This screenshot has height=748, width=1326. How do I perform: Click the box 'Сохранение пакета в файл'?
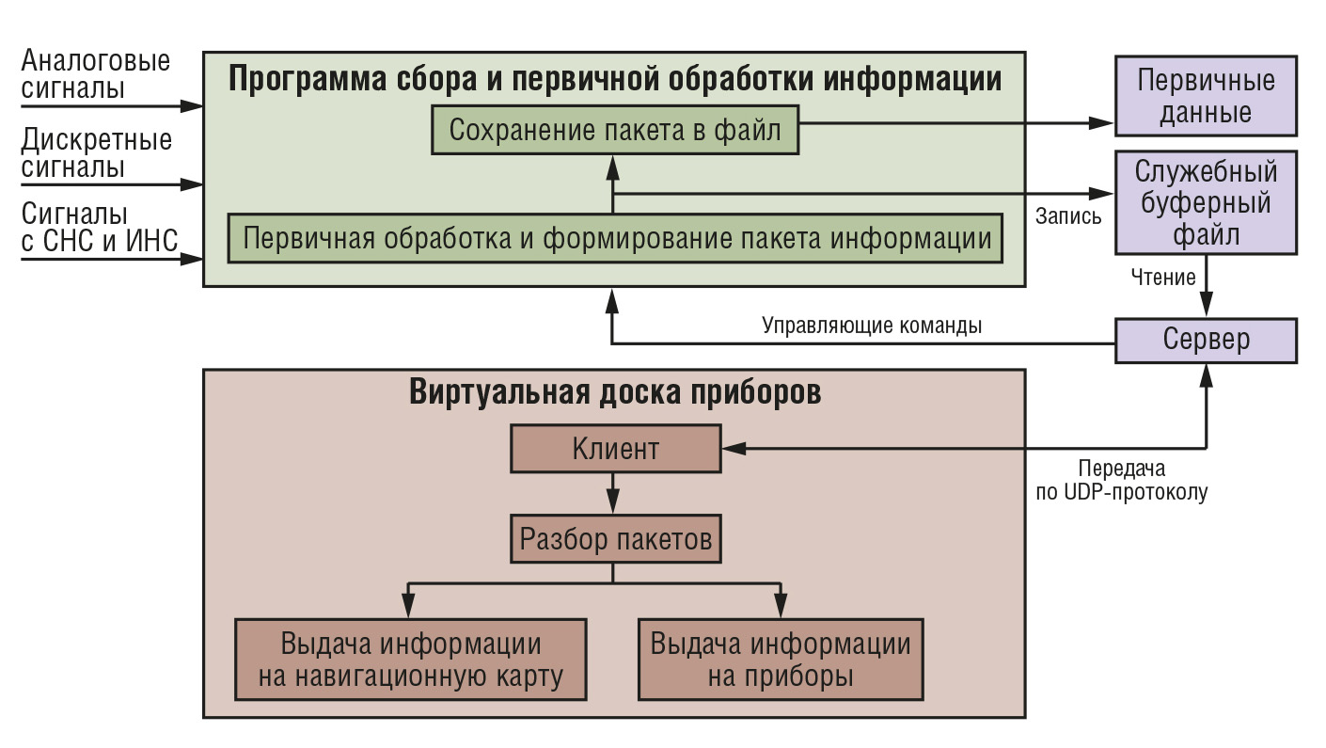615,130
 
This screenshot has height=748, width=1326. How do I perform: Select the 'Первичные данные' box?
1206,96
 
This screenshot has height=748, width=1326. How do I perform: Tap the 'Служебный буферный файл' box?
1206,202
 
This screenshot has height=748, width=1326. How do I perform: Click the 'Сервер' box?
1206,341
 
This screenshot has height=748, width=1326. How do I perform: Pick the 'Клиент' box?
616,448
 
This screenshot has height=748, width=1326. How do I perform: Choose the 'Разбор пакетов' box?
616,539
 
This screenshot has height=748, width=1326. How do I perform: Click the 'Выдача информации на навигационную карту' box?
411,660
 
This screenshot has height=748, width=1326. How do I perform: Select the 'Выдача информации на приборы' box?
781,660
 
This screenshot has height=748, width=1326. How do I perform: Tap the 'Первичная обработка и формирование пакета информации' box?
616,238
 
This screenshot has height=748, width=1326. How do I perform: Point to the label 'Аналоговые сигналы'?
96,74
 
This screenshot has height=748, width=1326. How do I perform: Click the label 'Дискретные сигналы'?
97,153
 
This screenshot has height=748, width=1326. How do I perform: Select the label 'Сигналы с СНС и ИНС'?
100,228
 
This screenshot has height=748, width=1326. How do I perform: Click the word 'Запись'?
1068,216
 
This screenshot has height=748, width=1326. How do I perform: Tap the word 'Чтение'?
1163,278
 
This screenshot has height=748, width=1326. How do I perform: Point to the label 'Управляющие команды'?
872,326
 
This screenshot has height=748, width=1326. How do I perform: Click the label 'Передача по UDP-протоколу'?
1121,480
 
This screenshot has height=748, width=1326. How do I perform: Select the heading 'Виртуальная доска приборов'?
615,392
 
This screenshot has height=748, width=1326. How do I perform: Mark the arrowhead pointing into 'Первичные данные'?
1101,123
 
